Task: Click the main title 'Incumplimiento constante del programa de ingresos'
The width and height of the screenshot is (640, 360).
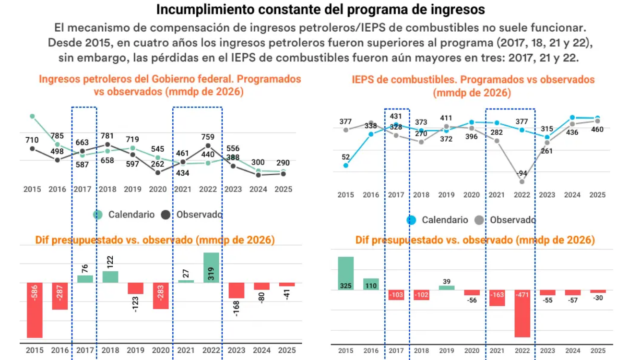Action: coord(320,10)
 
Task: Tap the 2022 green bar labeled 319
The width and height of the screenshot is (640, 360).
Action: coord(211,267)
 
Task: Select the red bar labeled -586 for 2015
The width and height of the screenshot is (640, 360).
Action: coord(35,310)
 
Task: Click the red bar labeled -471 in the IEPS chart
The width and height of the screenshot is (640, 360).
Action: coord(522,313)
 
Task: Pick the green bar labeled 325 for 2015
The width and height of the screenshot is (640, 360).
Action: coord(345,274)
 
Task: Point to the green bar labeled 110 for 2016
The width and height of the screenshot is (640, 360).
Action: coord(371,284)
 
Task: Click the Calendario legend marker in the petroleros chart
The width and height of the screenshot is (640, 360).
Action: coord(98,215)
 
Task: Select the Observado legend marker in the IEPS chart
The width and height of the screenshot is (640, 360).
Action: coord(479,220)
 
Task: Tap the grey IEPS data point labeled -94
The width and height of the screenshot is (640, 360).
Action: coord(522,181)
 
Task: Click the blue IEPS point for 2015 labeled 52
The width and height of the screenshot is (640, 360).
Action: coord(346,166)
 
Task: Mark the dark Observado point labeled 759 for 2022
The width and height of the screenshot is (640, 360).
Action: coord(208,145)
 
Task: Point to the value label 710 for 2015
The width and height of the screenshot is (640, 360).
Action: coord(32,140)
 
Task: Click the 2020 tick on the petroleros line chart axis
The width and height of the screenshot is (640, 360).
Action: coord(158,189)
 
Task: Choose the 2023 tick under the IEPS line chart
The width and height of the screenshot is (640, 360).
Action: coord(547,195)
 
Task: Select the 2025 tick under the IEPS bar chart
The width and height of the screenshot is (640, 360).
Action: coord(597,351)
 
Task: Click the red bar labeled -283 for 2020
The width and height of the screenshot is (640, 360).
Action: coord(161,295)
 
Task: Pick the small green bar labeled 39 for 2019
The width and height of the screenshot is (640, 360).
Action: coord(447,288)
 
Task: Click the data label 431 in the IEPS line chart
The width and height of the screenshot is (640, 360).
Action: coord(396,116)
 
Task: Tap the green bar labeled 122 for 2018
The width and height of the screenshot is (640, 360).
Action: coord(110,277)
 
